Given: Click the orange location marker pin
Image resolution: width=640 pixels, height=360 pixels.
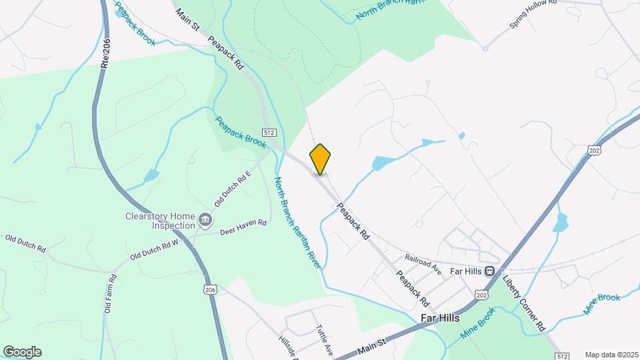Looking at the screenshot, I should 320,159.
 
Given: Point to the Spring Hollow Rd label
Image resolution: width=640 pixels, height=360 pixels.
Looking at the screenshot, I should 533,14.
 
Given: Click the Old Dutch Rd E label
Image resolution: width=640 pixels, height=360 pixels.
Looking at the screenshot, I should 231,188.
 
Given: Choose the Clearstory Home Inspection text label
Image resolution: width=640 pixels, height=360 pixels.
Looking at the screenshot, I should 163,221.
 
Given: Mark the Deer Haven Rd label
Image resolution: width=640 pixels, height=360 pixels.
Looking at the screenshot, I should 243,227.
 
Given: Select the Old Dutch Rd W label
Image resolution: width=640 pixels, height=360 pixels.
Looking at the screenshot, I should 155,249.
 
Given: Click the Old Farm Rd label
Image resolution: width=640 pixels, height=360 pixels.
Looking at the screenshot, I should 107,298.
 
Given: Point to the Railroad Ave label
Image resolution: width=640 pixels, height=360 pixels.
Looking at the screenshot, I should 424,263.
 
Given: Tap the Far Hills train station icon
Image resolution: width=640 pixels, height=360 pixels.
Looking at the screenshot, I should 490,271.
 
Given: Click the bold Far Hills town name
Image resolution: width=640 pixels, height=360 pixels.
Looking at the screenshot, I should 440,318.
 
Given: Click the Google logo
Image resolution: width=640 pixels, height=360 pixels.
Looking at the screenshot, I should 22,351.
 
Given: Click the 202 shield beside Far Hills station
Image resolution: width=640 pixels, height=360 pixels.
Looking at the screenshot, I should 481,294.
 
